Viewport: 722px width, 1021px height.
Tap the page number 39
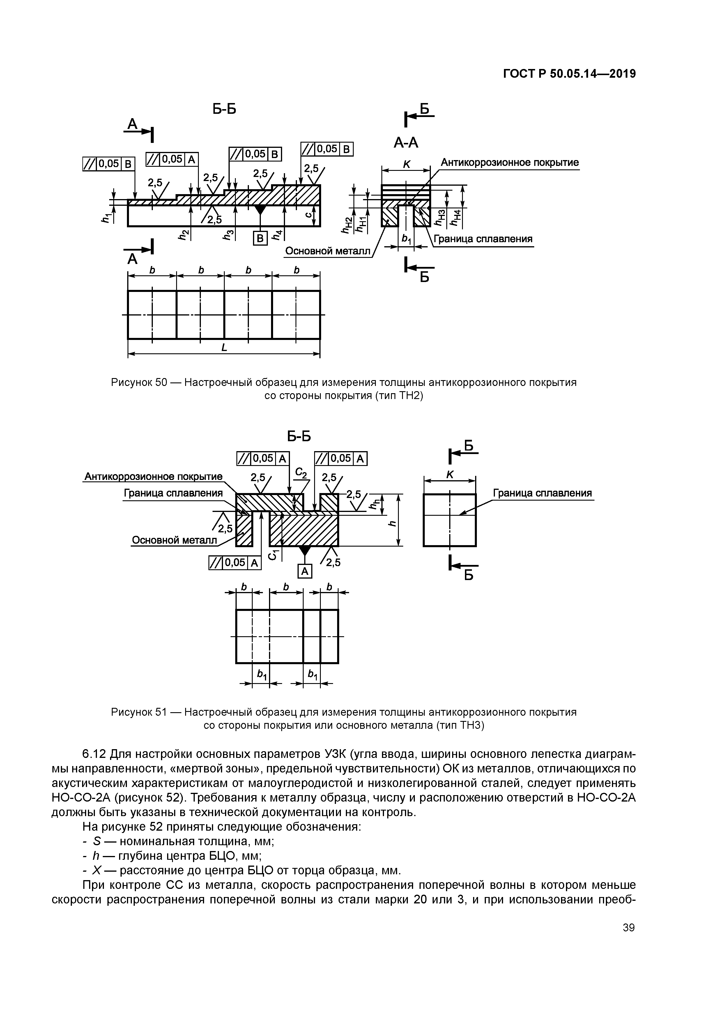tap(629, 927)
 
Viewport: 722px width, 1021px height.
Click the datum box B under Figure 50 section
tap(260, 239)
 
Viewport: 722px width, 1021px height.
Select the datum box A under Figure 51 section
tap(305, 571)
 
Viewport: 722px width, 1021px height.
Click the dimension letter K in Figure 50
tap(406, 164)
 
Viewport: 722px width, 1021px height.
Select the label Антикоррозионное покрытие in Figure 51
tap(153, 477)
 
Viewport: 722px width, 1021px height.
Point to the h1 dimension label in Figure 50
tap(105, 217)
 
